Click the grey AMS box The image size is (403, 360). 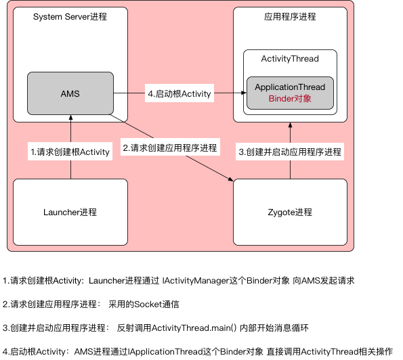pos(70,93)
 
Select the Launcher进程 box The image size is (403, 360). pos(70,212)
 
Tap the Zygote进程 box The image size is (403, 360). pos(290,212)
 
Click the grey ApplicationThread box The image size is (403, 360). pos(290,93)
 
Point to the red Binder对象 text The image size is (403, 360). pos(290,99)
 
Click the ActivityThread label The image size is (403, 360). pos(290,59)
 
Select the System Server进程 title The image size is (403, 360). pos(70,16)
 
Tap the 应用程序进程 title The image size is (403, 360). pos(290,16)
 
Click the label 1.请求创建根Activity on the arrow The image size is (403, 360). pos(70,152)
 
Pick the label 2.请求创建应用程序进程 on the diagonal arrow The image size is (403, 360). pos(170,148)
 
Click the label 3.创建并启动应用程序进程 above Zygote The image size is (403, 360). pos(290,152)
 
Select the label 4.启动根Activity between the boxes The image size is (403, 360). pos(179,93)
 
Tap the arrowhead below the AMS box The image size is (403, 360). pos(70,118)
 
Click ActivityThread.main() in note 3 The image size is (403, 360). pos(189,328)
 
